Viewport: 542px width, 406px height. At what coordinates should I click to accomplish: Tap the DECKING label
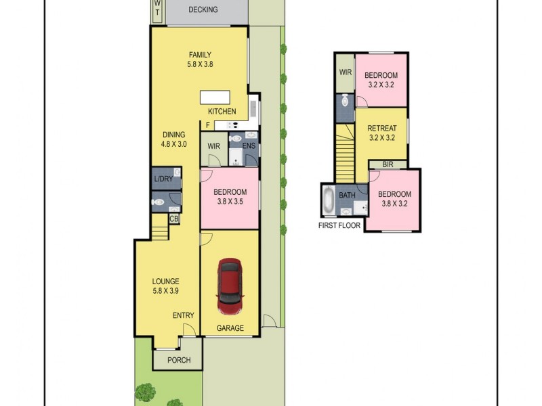203,9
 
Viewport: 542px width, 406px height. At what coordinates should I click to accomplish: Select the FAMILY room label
200,55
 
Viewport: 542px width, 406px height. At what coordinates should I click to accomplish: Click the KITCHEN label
222,111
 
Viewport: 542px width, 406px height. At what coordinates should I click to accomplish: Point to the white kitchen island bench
214,97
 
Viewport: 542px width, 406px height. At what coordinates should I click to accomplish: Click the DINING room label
173,134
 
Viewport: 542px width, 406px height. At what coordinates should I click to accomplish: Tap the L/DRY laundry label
163,179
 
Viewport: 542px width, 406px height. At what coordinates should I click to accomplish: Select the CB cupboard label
174,219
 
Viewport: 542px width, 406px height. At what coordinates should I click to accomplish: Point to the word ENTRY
183,315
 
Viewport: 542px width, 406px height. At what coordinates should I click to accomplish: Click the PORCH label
179,360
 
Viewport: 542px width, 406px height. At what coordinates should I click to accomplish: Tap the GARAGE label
230,328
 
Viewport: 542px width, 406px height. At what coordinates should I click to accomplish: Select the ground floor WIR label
214,145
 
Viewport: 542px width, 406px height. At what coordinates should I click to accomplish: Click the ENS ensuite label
249,145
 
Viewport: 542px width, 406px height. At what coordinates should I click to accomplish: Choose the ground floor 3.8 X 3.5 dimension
229,202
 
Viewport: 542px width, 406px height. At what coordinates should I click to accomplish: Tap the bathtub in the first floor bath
329,199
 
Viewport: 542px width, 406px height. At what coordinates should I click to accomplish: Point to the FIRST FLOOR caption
340,226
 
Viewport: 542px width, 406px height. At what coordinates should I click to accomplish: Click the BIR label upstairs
388,164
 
